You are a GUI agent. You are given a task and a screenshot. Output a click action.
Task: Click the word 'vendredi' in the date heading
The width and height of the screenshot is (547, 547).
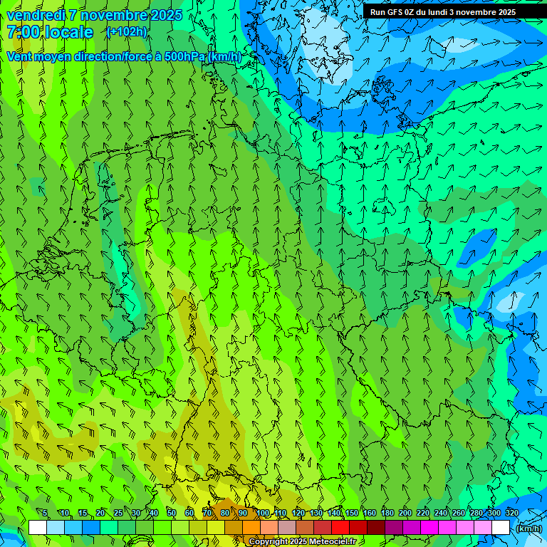coord(33,15)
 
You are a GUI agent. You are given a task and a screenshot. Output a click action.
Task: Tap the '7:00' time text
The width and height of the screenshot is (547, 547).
coord(24,32)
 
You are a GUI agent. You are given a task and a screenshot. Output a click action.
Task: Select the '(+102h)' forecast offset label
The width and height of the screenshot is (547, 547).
coord(126,31)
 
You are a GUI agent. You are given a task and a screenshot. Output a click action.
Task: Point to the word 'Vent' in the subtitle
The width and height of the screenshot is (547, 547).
coord(21,56)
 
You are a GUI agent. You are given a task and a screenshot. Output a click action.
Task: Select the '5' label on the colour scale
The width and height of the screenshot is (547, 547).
coord(45,513)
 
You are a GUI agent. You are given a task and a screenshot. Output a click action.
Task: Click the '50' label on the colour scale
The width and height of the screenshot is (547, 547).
coord(172,513)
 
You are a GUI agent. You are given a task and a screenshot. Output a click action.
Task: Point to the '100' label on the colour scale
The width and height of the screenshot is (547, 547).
coord(263,513)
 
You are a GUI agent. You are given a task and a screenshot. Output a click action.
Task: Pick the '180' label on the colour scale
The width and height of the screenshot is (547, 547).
coord(387,513)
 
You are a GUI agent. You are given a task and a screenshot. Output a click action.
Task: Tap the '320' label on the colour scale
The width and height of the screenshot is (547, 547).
coord(511,513)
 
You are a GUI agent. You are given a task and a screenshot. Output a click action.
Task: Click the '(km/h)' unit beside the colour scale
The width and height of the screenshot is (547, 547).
coord(528,528)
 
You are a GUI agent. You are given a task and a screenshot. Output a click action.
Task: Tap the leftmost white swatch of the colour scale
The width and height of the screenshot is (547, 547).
coord(38,528)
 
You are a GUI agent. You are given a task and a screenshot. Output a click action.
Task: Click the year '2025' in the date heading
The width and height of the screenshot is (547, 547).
coord(165,15)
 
